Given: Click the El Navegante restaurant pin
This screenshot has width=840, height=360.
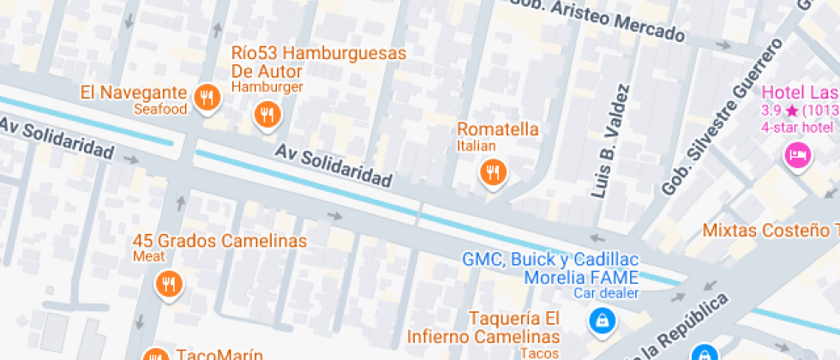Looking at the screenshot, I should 206,99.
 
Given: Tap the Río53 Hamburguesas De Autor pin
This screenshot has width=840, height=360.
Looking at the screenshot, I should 267,114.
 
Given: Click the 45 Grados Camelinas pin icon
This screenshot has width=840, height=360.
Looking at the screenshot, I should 168,283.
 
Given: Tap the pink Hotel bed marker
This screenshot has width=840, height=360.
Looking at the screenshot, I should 798,155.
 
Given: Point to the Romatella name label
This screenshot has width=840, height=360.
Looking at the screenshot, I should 498,129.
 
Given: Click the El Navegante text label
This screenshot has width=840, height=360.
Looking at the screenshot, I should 134,93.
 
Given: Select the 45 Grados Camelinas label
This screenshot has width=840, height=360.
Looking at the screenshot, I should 220,241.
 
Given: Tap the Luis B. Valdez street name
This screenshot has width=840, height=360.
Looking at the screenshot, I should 610,141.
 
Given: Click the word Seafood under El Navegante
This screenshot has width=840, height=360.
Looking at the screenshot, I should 160,110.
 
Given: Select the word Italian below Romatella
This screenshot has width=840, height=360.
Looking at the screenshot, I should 477,147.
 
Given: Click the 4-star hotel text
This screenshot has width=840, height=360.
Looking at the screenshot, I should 798,128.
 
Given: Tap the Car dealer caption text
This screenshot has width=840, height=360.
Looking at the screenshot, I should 607,294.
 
